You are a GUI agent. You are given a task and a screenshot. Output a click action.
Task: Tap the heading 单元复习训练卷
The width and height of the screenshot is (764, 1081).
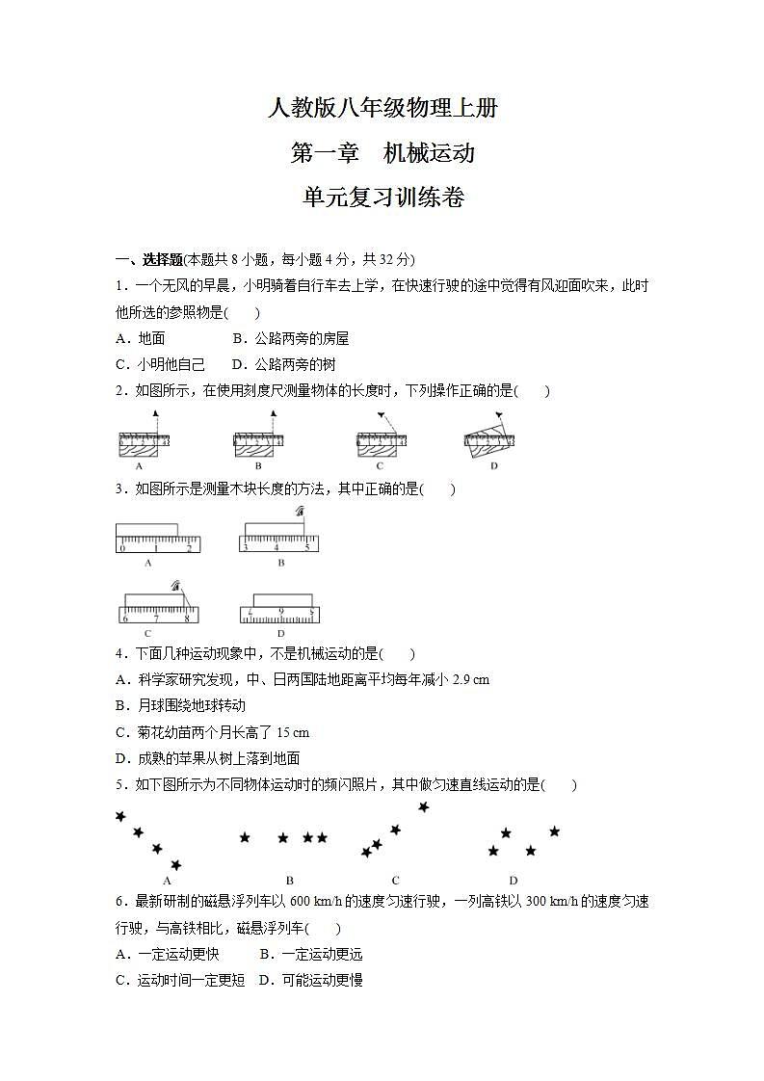[x=382, y=198]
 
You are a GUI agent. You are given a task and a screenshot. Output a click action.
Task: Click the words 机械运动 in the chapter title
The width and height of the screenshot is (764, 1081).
[x=429, y=153]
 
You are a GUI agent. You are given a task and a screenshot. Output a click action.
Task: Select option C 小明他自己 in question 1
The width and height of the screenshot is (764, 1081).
[x=160, y=364]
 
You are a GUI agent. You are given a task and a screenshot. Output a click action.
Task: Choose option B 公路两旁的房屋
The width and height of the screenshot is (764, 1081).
[x=291, y=338]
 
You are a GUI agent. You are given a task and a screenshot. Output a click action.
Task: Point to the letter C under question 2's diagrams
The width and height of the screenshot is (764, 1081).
[x=380, y=466]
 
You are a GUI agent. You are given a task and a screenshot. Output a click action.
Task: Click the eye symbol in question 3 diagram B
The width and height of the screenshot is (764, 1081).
[x=301, y=512]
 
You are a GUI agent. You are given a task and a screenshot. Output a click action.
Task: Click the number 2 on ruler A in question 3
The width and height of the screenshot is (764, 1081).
[x=189, y=548]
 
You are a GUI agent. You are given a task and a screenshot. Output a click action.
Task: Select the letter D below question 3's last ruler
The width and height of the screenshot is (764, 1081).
[x=280, y=634]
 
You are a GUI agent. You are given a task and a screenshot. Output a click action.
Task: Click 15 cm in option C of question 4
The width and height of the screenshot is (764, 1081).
[x=293, y=732]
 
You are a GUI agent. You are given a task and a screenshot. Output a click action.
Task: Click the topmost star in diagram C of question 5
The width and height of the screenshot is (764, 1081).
[x=423, y=807]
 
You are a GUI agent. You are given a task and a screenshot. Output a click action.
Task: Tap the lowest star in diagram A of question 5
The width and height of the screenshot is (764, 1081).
[x=175, y=865]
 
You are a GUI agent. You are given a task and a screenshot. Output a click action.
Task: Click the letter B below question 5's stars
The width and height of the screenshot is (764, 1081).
[x=289, y=881]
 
